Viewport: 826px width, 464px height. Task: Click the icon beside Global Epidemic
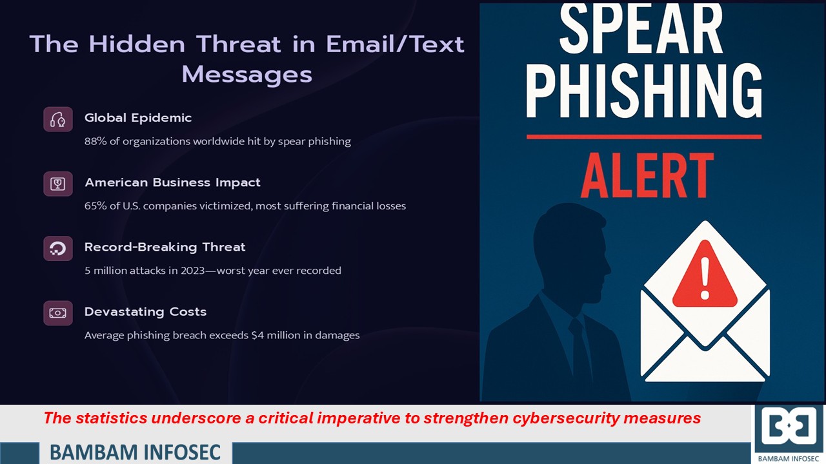click(58, 119)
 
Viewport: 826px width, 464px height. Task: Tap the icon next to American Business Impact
click(58, 184)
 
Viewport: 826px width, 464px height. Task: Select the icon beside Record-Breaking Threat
click(58, 249)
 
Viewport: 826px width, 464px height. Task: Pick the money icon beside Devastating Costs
click(58, 313)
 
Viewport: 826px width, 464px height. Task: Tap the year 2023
click(192, 271)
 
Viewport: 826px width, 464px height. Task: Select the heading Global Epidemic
click(138, 118)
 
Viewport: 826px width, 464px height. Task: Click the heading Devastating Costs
click(145, 312)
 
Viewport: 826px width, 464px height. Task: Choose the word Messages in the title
click(247, 75)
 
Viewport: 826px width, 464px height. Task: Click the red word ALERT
click(647, 175)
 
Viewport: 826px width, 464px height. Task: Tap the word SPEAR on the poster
click(641, 30)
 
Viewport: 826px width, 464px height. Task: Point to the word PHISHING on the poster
click(644, 91)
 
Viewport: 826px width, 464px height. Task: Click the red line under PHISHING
click(644, 137)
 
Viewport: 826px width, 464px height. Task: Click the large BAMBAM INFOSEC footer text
click(135, 452)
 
